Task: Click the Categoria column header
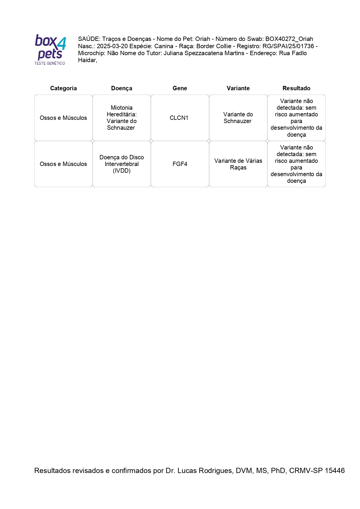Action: click(63, 88)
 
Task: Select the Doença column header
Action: click(122, 88)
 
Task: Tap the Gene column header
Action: click(180, 88)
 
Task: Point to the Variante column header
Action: click(238, 88)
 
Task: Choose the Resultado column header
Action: click(296, 88)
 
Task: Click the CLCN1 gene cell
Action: click(179, 118)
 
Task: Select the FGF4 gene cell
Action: click(180, 164)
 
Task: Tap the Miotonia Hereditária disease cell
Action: click(122, 118)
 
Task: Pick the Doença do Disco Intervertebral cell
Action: click(122, 164)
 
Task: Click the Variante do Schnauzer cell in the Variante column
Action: click(238, 118)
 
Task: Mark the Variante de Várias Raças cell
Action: click(238, 164)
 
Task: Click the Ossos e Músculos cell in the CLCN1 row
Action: click(63, 118)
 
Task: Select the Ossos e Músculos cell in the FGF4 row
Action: click(63, 164)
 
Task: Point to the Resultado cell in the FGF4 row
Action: click(296, 164)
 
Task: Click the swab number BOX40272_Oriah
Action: click(289, 39)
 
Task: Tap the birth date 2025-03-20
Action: click(112, 46)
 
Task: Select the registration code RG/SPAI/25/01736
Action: click(288, 46)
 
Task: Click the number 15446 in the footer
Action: click(334, 470)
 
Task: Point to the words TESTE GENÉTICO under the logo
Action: click(50, 63)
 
